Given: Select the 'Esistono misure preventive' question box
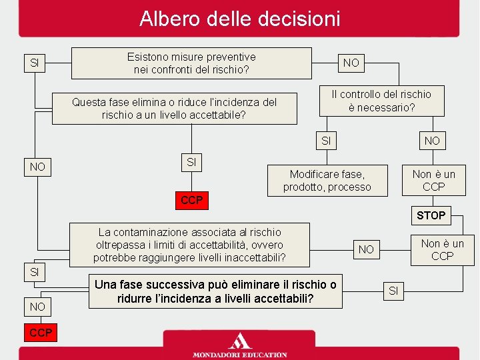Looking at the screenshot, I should [191, 63].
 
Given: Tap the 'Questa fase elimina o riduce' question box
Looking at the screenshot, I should [174, 109].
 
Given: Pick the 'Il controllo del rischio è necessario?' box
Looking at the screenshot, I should [381, 101].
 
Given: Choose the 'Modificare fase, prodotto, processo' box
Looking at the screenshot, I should [327, 180].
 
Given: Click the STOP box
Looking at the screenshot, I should [431, 215].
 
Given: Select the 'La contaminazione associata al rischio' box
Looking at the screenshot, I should [190, 245].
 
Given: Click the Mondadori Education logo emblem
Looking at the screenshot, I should [239, 341].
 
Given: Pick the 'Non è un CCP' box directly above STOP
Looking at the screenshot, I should [433, 180].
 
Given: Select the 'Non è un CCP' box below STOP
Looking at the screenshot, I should [442, 249].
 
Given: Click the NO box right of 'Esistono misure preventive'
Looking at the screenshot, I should [351, 63].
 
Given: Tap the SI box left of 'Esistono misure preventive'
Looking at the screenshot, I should [35, 63].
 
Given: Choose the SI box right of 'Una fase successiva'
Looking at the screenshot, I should [393, 290].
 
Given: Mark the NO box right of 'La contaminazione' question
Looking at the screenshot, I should [366, 249].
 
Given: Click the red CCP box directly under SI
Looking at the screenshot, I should [191, 200].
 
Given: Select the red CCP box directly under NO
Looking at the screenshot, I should [41, 332].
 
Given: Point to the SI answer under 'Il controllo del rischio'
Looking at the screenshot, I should [326, 141].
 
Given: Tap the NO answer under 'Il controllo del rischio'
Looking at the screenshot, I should [432, 141].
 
